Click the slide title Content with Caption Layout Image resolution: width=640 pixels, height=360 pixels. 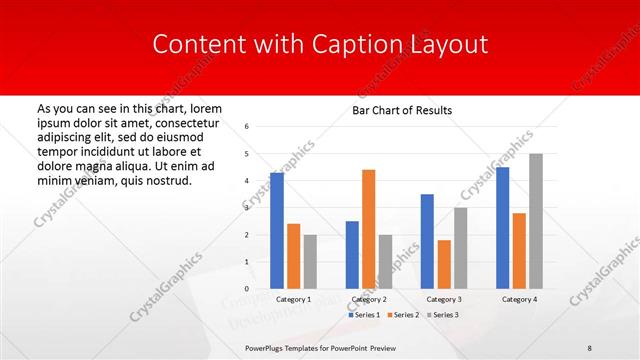320,45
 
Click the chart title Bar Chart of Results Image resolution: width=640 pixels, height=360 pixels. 402,110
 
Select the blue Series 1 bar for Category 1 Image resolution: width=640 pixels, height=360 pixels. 277,231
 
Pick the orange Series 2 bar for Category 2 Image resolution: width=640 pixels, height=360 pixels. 368,229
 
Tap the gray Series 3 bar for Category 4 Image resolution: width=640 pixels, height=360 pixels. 536,221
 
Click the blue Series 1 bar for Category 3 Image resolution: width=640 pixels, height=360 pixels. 427,241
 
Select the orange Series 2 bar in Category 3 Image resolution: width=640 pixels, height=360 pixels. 443,264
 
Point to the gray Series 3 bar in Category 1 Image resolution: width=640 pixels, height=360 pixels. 310,262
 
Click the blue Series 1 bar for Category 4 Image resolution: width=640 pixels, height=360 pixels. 502,228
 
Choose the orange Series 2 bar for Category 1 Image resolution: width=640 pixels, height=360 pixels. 293,256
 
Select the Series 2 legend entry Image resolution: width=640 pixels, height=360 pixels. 404,315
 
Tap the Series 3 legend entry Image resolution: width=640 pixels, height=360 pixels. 442,315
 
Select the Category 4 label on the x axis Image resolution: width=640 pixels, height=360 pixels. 519,299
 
